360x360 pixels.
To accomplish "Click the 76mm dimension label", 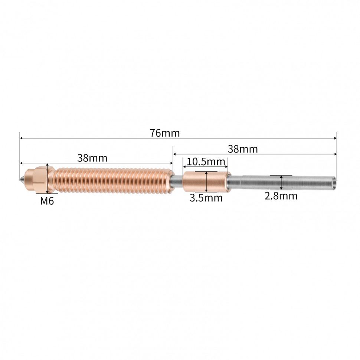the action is click(x=165, y=133).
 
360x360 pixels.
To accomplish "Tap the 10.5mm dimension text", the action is click(x=206, y=162).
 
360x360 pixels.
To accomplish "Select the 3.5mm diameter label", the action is click(x=206, y=198).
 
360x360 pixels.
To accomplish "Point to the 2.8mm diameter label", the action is click(x=281, y=196).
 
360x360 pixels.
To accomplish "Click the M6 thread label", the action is click(x=47, y=201).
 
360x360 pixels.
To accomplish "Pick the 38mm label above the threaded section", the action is click(x=92, y=158).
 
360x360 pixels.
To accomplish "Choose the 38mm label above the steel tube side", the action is click(x=243, y=149).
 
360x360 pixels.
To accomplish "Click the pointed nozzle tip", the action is click(x=22, y=179).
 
